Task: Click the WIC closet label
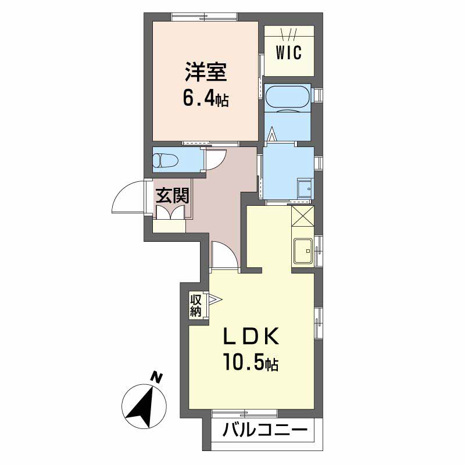point(288,53)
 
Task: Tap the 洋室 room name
point(206,71)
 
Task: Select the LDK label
point(251,336)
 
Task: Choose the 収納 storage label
point(196,306)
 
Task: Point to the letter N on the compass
point(156,377)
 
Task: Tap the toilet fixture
point(165,161)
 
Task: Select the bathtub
point(287,97)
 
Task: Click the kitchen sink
point(303,251)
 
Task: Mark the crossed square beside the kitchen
point(302,216)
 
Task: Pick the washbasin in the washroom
point(306,188)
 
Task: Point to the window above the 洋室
point(205,17)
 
